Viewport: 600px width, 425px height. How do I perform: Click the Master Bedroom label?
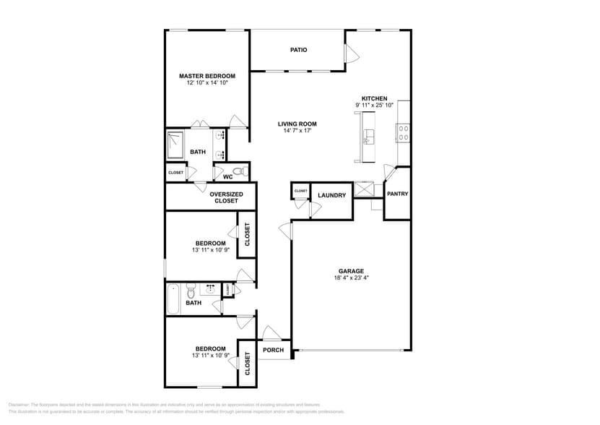click(207, 76)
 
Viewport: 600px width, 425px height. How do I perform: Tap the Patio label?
click(298, 50)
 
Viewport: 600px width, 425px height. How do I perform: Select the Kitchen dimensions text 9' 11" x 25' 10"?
click(374, 106)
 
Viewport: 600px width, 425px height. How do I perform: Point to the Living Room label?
click(297, 124)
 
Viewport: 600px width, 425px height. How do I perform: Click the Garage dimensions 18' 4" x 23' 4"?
click(352, 278)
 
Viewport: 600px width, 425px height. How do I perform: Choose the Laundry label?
click(331, 195)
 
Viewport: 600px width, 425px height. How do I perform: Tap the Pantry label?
click(397, 194)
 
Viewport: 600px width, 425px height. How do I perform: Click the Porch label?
click(273, 351)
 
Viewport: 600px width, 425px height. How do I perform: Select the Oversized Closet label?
click(226, 197)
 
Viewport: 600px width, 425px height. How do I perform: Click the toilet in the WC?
click(243, 172)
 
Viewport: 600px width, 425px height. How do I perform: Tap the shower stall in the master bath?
click(176, 145)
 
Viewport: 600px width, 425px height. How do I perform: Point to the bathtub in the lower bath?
click(174, 299)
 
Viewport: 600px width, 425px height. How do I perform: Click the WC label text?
click(227, 176)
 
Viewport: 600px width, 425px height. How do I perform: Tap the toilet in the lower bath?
click(191, 292)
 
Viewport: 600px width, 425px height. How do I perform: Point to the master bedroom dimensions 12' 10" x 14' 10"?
click(207, 83)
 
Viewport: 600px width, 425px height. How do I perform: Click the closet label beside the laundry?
click(300, 191)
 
